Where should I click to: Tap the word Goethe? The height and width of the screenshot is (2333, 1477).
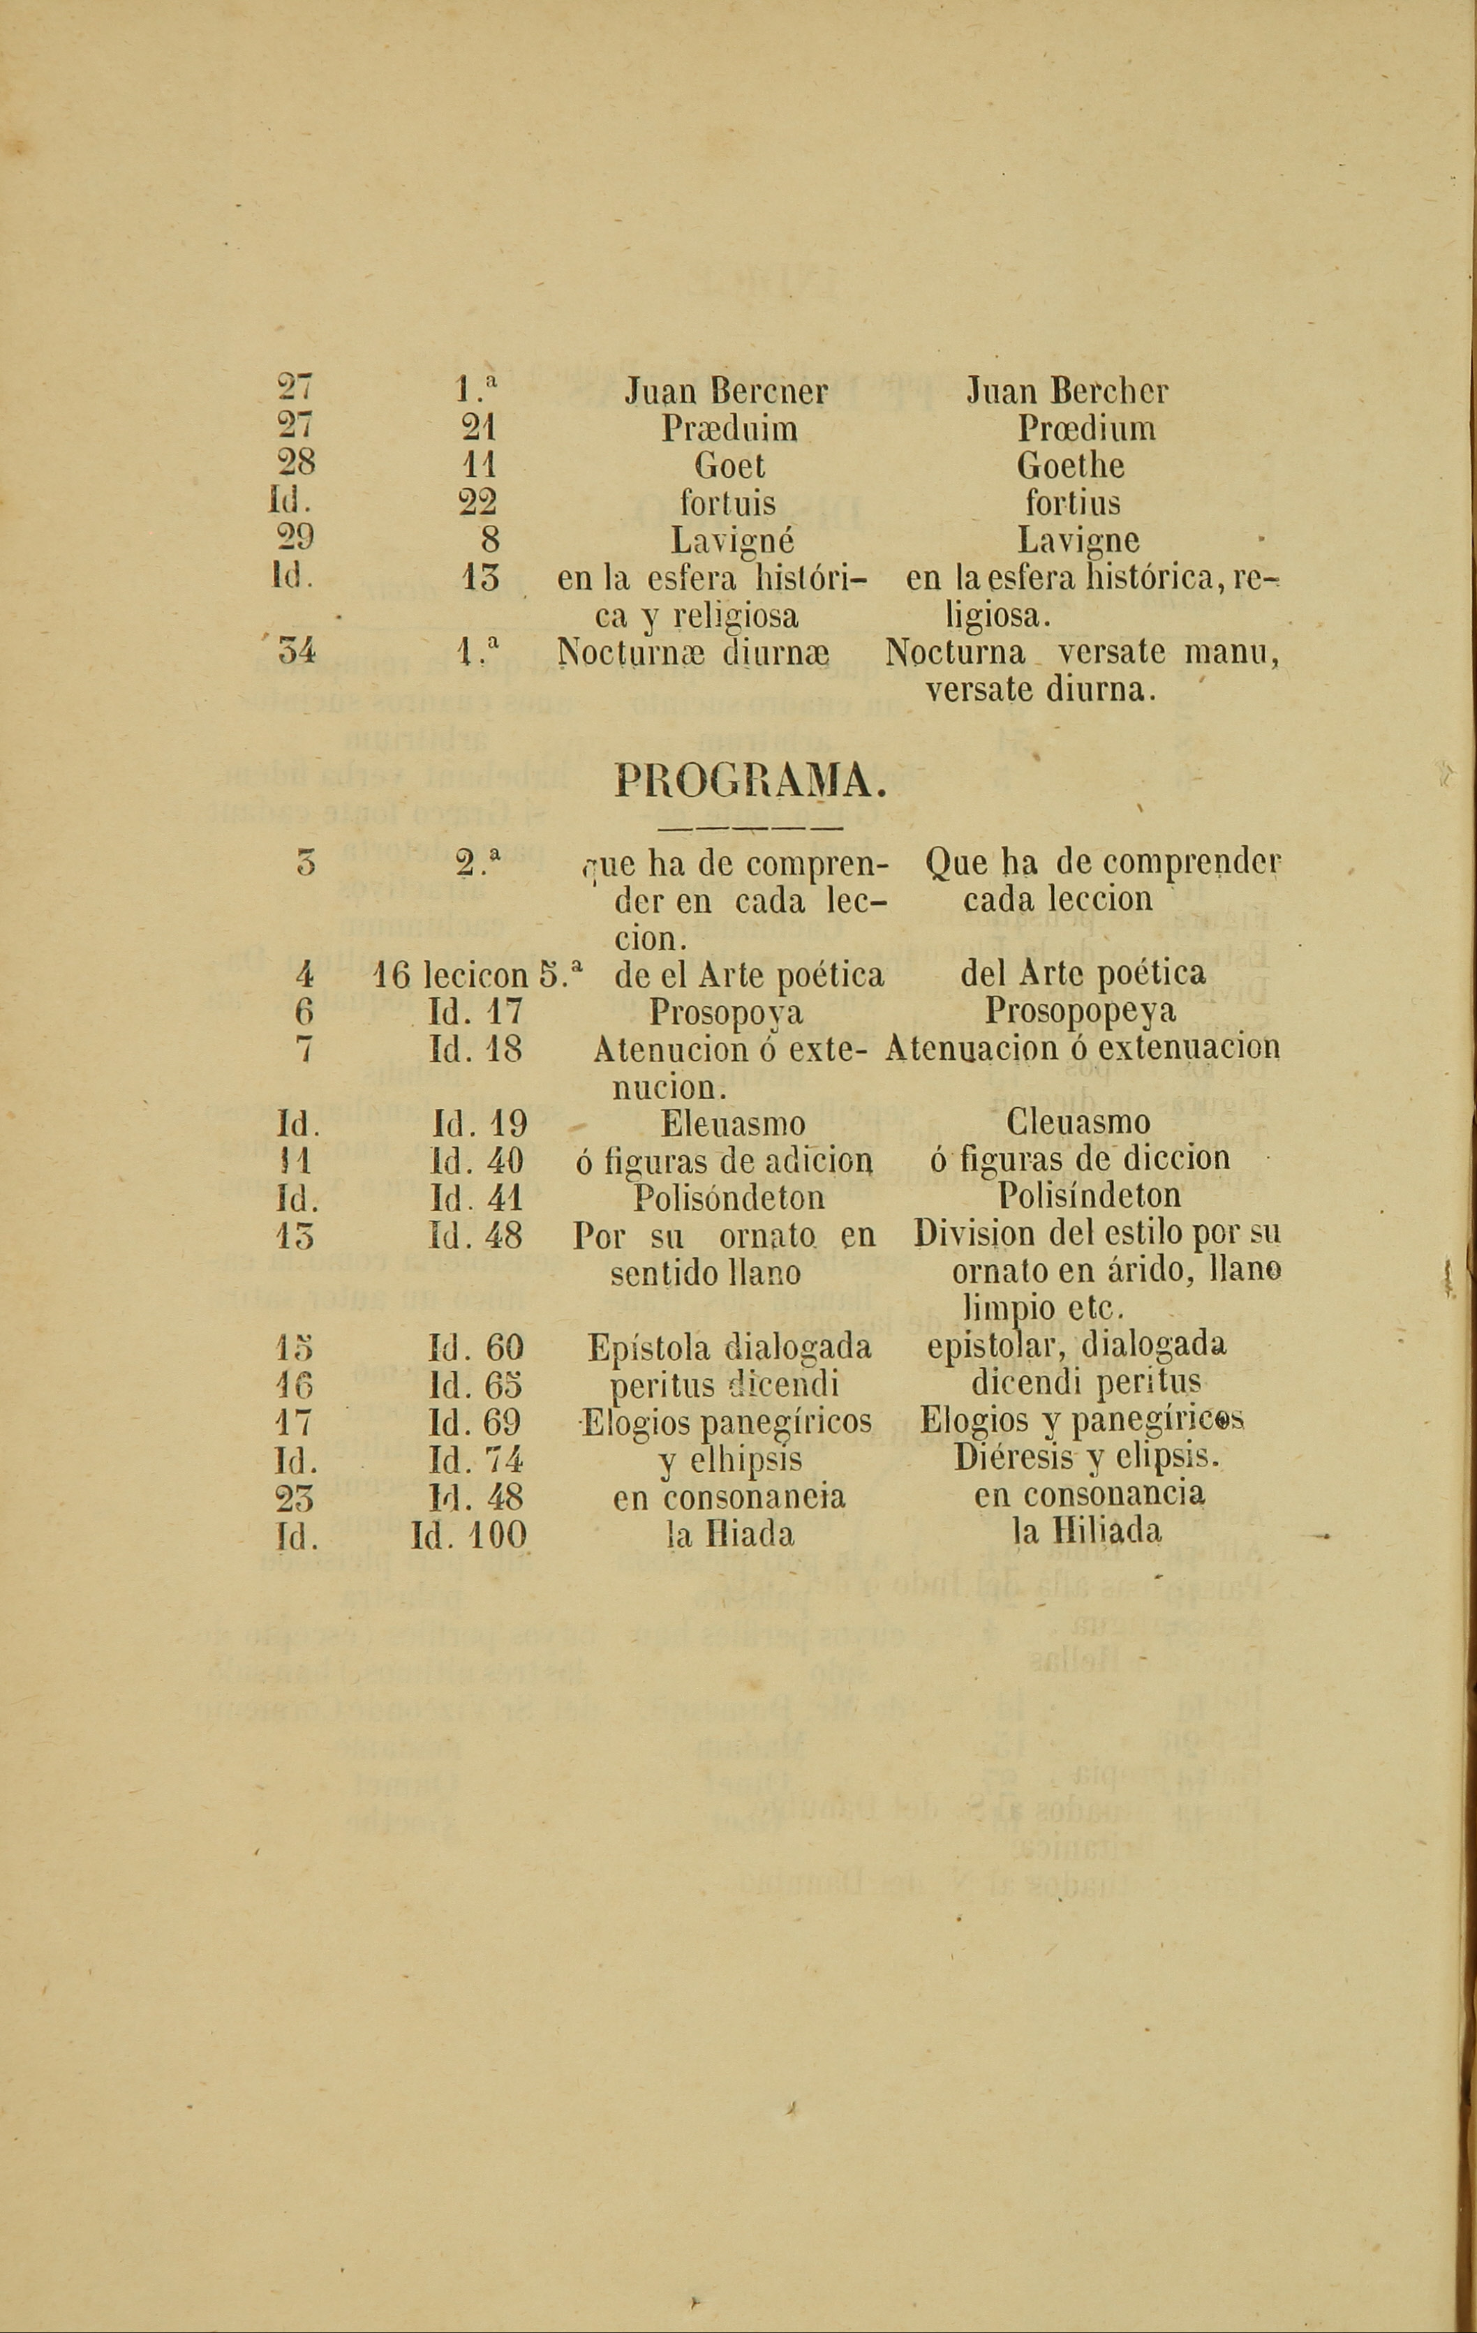[1070, 466]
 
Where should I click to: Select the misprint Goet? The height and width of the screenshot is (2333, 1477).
[729, 466]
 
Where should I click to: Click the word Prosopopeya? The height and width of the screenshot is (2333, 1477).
[1081, 1011]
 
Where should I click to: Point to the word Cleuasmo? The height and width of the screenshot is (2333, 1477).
[1078, 1123]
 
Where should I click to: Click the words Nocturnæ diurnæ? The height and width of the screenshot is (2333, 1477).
[694, 653]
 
